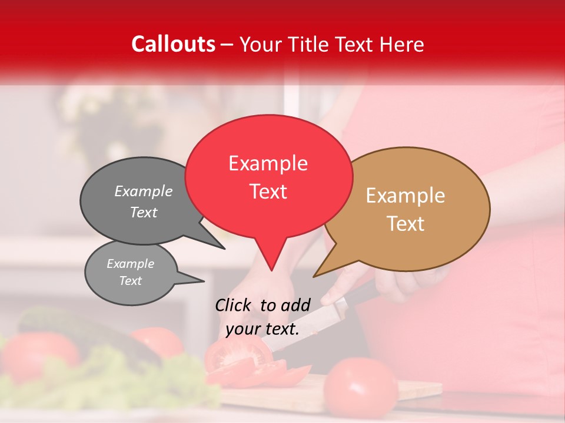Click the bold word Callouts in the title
coord(174,44)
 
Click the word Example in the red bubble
coord(268,163)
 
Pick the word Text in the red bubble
coord(268,192)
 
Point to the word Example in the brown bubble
coord(406,196)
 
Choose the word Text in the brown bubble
coord(406,224)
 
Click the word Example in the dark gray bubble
coord(144,192)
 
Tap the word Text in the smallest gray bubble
coord(131,281)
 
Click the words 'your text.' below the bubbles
coord(262,329)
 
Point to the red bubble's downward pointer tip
coord(271,270)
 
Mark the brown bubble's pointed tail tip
coord(314,277)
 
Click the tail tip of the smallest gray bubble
coord(204,281)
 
